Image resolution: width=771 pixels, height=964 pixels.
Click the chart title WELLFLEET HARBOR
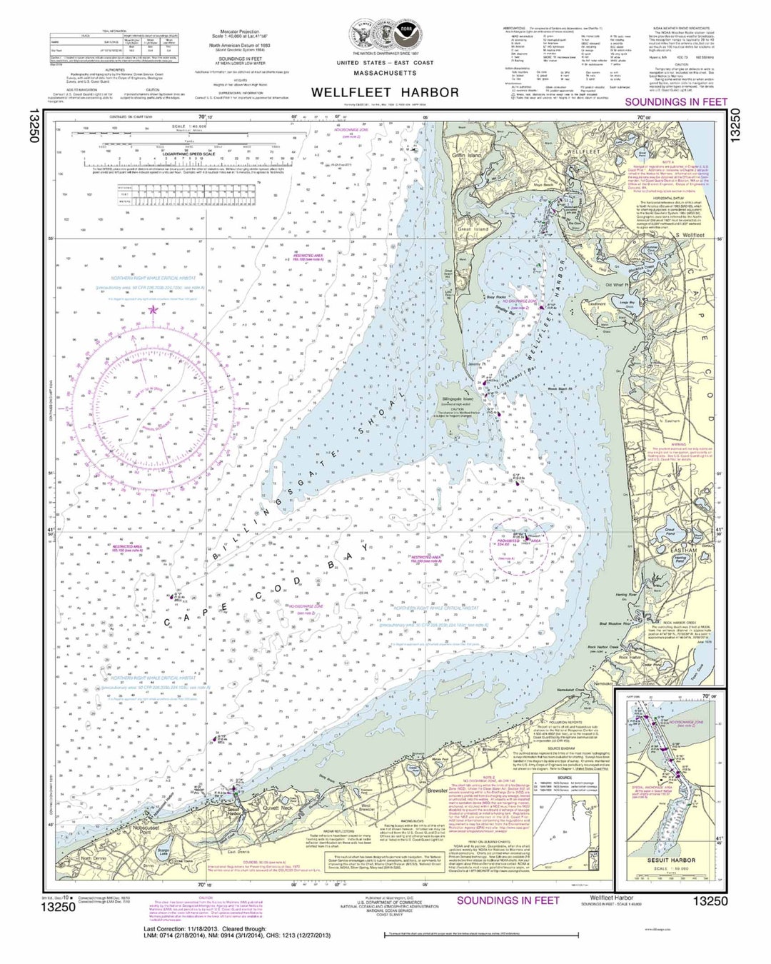[x=385, y=92]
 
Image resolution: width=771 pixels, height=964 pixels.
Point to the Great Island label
[x=472, y=229]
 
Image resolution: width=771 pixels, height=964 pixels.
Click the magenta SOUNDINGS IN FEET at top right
[x=675, y=102]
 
